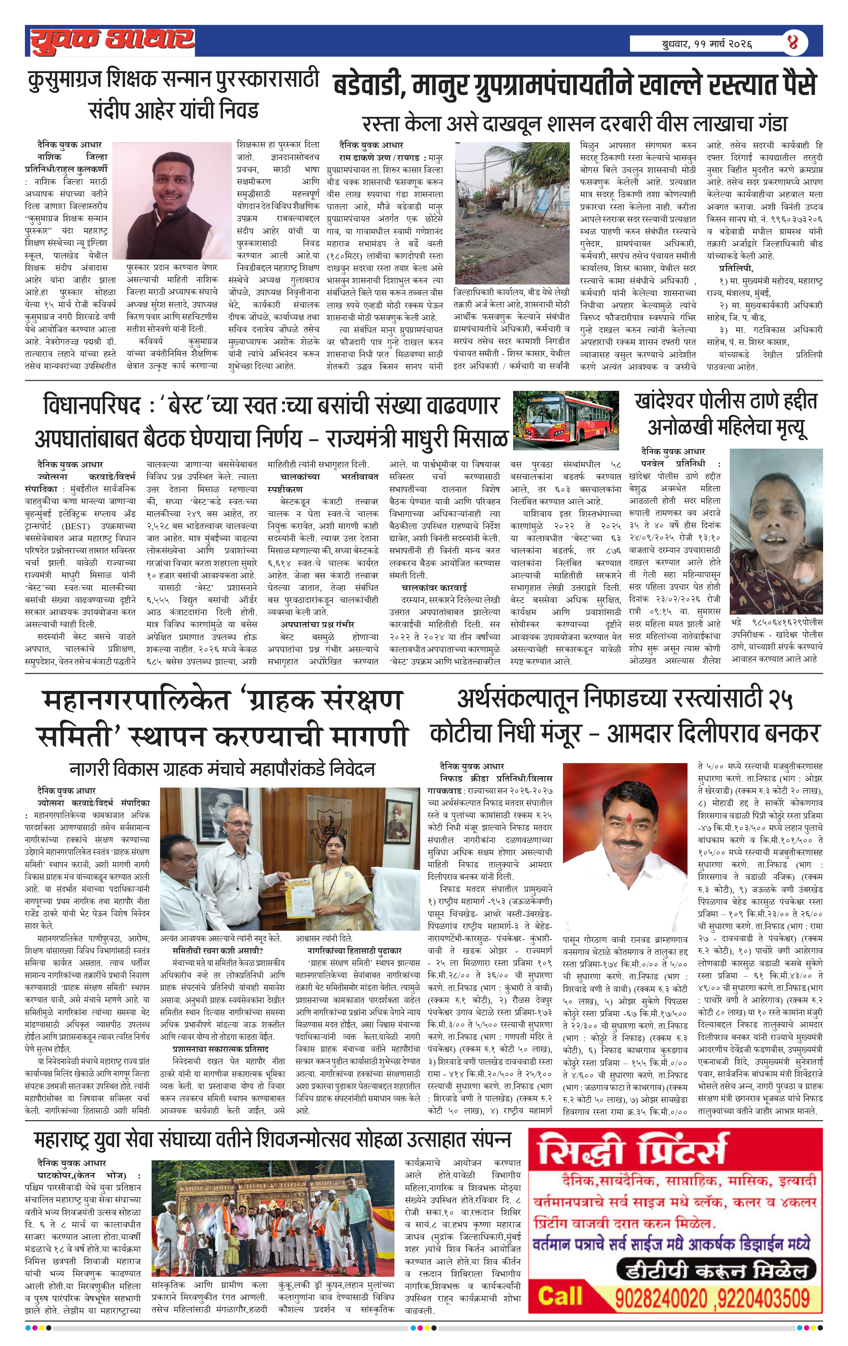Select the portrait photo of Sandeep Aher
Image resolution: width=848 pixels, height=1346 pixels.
tap(172, 200)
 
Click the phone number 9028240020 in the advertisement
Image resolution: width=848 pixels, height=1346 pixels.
tap(660, 1298)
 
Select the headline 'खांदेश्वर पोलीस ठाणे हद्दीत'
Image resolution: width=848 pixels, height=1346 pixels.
tap(726, 401)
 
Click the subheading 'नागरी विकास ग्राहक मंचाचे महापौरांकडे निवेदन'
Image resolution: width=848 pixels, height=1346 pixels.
tap(222, 769)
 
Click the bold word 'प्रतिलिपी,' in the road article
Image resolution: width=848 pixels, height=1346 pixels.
tap(736, 268)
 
